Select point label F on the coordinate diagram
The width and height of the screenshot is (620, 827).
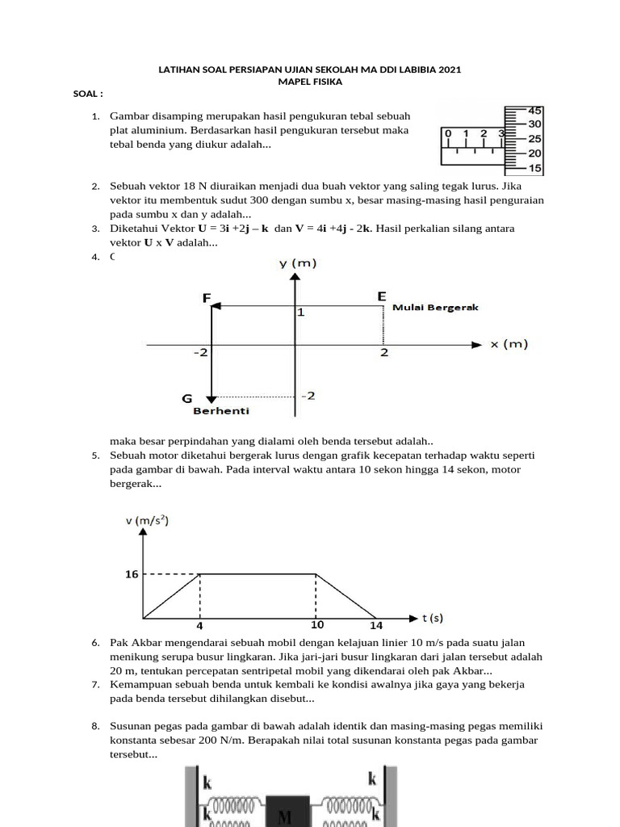pyautogui.click(x=207, y=298)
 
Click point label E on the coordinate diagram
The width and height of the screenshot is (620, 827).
pyautogui.click(x=381, y=297)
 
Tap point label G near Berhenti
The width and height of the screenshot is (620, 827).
pyautogui.click(x=187, y=398)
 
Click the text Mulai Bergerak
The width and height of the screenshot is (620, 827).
pyautogui.click(x=435, y=308)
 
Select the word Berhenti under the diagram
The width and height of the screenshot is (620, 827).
pyautogui.click(x=221, y=410)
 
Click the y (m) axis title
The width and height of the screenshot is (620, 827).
pyautogui.click(x=298, y=263)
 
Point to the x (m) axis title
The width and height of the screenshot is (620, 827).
pyautogui.click(x=509, y=344)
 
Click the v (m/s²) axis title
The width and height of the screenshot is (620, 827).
pyautogui.click(x=147, y=520)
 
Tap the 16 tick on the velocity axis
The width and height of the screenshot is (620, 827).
pyautogui.click(x=132, y=574)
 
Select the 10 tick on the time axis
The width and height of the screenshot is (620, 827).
pyautogui.click(x=318, y=624)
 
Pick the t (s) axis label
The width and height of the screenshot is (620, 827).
pyautogui.click(x=433, y=619)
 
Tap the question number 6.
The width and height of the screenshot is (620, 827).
pyautogui.click(x=94, y=642)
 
